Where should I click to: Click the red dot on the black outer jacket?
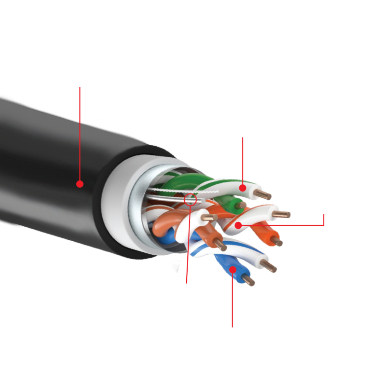pyautogui.click(x=80, y=184)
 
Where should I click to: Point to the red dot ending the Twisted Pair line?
pyautogui.click(x=237, y=224)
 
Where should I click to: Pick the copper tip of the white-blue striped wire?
pyautogui.click(x=269, y=265)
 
